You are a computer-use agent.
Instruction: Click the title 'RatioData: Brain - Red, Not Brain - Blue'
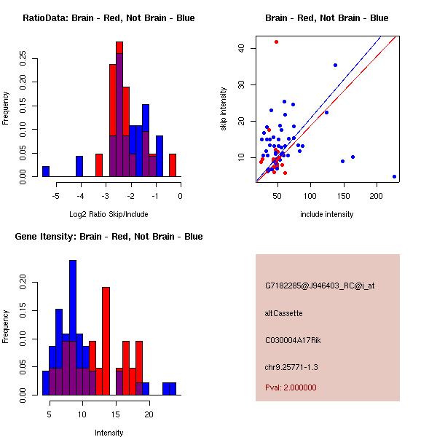pos(109,17)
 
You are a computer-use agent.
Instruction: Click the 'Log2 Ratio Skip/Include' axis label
pos(109,215)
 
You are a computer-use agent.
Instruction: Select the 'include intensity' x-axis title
pos(326,214)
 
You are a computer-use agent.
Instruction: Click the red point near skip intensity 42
pos(276,42)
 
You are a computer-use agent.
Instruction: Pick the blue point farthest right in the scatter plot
pos(394,176)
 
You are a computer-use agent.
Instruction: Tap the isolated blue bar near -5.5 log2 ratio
pos(46,171)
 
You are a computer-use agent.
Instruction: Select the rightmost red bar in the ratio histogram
pos(173,165)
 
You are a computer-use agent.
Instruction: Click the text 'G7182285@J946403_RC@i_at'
pos(320,286)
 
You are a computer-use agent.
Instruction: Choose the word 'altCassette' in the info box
pos(284,313)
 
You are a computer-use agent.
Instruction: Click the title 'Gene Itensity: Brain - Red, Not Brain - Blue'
pos(109,237)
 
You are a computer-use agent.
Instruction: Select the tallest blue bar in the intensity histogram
pos(73,327)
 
